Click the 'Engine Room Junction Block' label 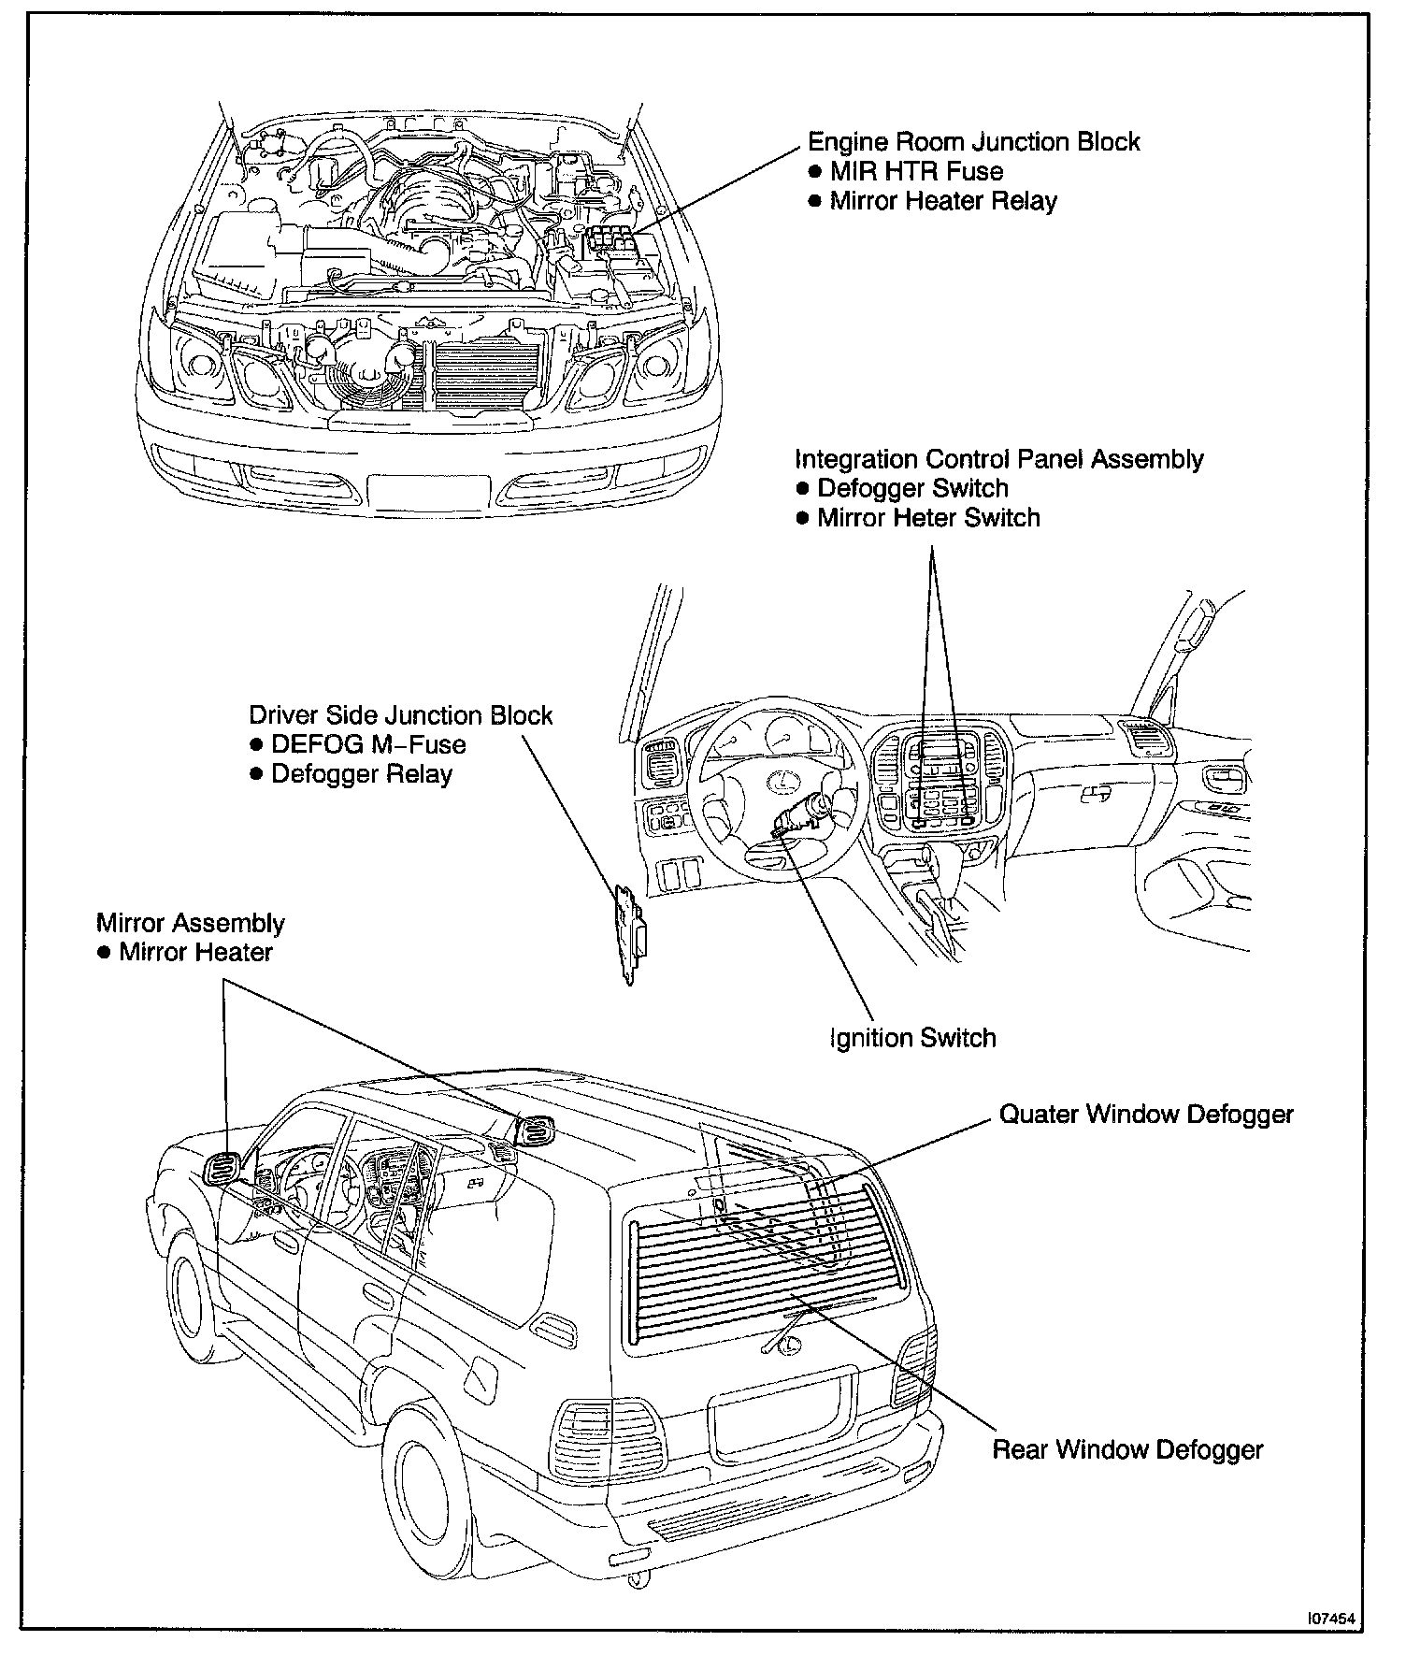click(x=973, y=142)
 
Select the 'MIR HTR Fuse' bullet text click(x=916, y=172)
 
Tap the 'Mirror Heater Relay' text click(x=943, y=202)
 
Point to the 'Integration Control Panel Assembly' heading click(x=998, y=459)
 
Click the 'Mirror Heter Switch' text click(x=928, y=518)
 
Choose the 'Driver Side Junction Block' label click(x=400, y=715)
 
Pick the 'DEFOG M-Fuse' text click(x=368, y=744)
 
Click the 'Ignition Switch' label click(x=912, y=1038)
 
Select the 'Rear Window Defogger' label click(x=1127, y=1450)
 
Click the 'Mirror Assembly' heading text click(x=191, y=923)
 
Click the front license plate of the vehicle click(x=428, y=490)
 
